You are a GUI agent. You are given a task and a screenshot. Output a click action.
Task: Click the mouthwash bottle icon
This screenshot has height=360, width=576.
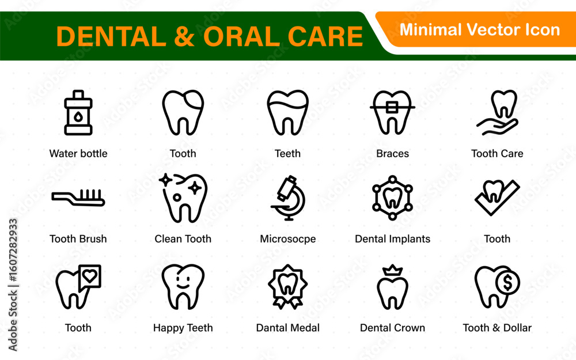point(78,112)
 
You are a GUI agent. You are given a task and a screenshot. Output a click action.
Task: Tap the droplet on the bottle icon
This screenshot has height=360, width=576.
point(78,116)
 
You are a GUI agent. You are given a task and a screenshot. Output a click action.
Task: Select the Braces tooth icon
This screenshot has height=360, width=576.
point(392,112)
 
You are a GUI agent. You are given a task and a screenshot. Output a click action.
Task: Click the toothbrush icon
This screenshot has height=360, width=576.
point(78,198)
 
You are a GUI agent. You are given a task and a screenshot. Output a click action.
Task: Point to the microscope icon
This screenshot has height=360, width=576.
point(289,198)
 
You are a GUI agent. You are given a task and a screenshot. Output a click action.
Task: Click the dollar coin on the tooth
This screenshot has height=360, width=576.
point(507,282)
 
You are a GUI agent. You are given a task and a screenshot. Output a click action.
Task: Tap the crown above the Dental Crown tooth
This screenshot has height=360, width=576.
point(393,270)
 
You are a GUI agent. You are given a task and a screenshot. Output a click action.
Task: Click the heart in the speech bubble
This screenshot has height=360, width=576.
point(90,275)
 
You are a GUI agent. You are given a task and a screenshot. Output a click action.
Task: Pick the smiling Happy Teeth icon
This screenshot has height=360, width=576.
point(183,286)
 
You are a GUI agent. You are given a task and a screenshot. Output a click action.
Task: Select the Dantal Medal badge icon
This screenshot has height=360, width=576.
point(287,286)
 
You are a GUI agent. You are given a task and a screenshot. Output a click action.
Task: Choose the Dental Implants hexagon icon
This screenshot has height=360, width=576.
point(392,198)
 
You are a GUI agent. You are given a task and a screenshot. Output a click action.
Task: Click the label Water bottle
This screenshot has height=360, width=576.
point(78,154)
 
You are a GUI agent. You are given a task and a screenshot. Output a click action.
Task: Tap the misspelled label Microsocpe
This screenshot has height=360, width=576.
point(287,239)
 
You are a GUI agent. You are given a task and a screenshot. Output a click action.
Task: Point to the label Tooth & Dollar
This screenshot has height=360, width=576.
point(497,328)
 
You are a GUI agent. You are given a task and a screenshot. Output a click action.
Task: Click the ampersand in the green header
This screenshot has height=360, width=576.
point(184,37)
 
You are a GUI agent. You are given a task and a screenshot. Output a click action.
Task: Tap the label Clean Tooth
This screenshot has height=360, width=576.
point(183,239)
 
